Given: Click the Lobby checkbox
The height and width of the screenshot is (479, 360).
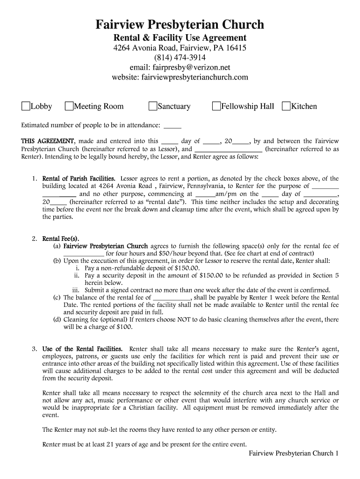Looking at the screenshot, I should pos(26,106).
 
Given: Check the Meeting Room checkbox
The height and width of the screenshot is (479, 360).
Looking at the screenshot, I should pos(69,106).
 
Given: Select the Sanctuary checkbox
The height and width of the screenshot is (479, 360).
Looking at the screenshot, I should pos(152,106).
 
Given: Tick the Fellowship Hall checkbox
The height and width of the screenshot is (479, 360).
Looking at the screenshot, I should pos(216,106).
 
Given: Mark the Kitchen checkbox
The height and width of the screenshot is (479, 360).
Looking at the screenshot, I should pos(286,106).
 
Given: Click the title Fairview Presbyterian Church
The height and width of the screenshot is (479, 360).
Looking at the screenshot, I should pos(180,24).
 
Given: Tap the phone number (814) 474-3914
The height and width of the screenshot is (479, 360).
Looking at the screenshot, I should pos(180,58).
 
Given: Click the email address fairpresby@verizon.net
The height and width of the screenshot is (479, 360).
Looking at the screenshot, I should pos(180,67).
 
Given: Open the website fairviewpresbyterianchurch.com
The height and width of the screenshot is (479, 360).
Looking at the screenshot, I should pos(180,77).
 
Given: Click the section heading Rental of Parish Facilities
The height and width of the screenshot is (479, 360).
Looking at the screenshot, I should pos(79,179).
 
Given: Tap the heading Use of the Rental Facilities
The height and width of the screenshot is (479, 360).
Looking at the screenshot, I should pos(82,349).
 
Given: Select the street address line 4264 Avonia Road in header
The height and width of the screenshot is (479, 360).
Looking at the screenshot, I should pos(180,48).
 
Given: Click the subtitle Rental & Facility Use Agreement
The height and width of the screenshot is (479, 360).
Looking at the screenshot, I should pos(180,38).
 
